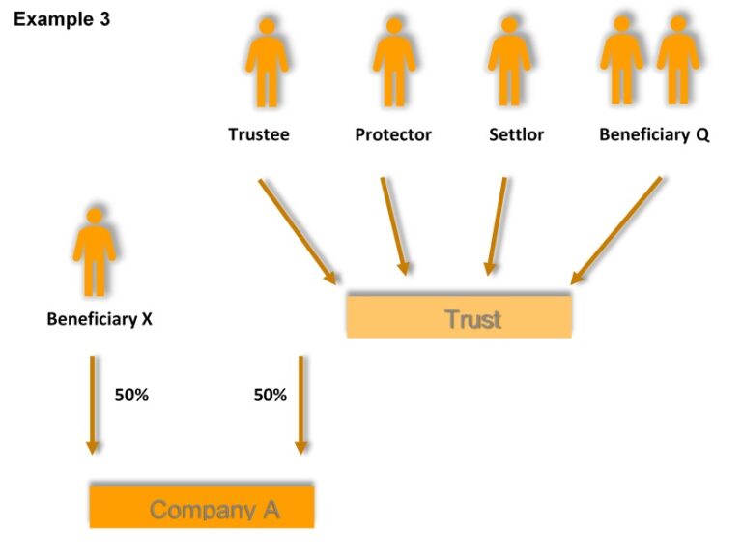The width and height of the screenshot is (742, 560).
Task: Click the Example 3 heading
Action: click(62, 19)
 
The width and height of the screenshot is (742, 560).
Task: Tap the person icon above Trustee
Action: click(267, 63)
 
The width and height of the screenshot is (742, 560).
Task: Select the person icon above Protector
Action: click(394, 63)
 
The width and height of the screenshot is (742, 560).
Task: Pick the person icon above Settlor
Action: click(509, 63)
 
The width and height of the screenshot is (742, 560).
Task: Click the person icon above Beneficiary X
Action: click(94, 251)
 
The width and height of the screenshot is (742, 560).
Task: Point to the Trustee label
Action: click(258, 135)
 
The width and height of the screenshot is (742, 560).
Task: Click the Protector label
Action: click(393, 135)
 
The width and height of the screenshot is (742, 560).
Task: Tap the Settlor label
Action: click(516, 135)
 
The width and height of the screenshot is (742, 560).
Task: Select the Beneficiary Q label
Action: click(654, 135)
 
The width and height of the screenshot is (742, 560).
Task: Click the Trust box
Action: click(459, 317)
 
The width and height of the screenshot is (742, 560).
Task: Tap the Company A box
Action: click(202, 508)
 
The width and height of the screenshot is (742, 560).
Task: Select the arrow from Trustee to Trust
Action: click(297, 231)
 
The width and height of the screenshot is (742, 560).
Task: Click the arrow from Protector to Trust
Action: click(395, 226)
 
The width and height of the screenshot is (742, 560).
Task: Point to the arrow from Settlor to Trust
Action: click(497, 226)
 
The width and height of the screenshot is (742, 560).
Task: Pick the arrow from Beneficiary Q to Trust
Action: click(616, 230)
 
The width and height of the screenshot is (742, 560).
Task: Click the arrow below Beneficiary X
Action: click(93, 404)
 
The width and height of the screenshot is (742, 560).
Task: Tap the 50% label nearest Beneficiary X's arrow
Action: click(131, 395)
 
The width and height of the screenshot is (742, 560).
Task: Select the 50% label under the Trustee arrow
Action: click(271, 395)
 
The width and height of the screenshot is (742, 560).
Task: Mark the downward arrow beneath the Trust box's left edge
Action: click(300, 404)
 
